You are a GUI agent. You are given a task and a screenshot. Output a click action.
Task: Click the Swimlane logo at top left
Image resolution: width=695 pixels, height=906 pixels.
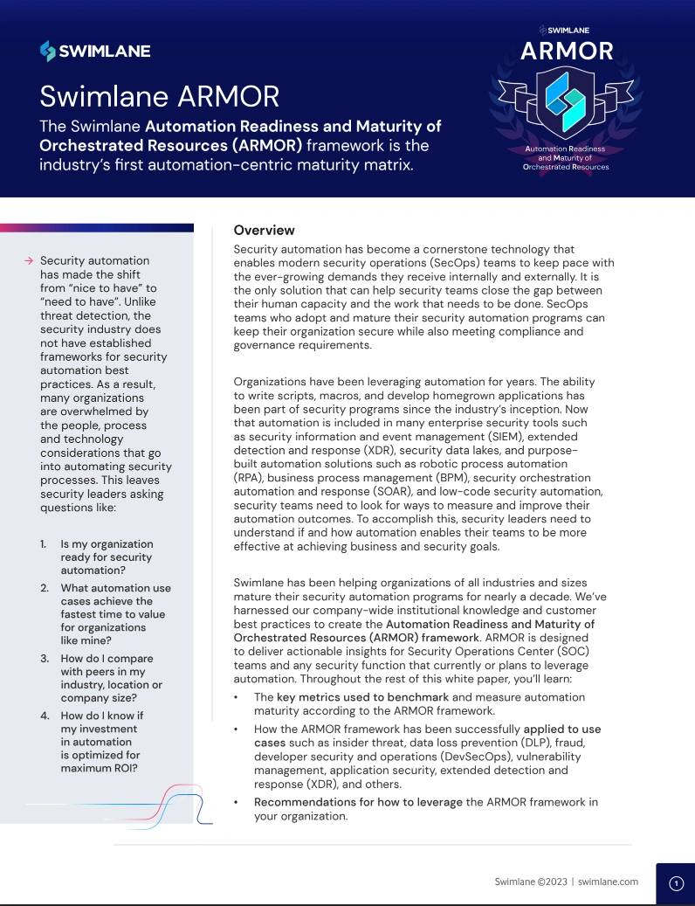[x=95, y=52]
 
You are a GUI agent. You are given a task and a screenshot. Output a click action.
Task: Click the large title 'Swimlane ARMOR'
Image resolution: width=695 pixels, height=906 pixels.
[x=160, y=94]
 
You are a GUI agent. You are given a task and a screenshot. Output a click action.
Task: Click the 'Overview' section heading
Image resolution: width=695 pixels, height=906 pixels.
[x=265, y=231]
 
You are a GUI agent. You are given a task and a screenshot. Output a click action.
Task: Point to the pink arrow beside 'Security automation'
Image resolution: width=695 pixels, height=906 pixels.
[x=29, y=260]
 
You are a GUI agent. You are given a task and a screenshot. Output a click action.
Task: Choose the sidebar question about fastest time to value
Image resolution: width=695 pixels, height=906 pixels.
[x=114, y=614]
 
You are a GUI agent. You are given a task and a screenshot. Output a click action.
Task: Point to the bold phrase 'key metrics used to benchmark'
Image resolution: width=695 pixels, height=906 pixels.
[x=362, y=697]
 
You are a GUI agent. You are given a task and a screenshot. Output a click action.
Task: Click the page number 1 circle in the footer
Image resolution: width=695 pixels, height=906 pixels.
[x=676, y=883]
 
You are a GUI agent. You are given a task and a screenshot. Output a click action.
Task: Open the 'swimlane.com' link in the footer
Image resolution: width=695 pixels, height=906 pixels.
[x=609, y=882]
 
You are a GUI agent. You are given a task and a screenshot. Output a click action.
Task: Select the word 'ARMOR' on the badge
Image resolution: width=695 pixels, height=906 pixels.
[x=567, y=52]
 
